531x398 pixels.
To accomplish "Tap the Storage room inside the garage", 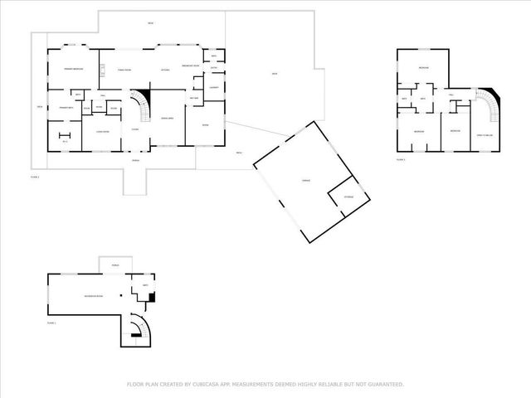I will [337, 196].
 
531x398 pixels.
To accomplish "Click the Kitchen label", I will [165, 70].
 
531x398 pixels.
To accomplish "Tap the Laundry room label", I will [213, 86].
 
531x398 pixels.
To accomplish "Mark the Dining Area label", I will [167, 119].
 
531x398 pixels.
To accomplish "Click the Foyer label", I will [134, 129].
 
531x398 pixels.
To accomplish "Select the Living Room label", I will [102, 131].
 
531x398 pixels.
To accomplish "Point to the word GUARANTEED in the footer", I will [387, 384].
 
